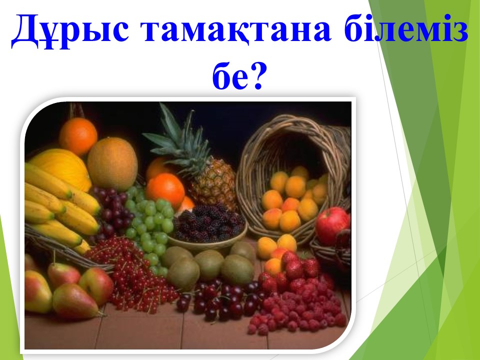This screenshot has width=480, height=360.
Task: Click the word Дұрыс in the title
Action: [70, 30]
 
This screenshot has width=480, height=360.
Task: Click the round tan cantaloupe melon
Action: [112, 164]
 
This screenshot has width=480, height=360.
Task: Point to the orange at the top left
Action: [78, 136]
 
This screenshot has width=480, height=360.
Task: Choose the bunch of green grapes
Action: [150, 226]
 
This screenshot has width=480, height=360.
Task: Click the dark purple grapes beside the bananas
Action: [111, 211]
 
